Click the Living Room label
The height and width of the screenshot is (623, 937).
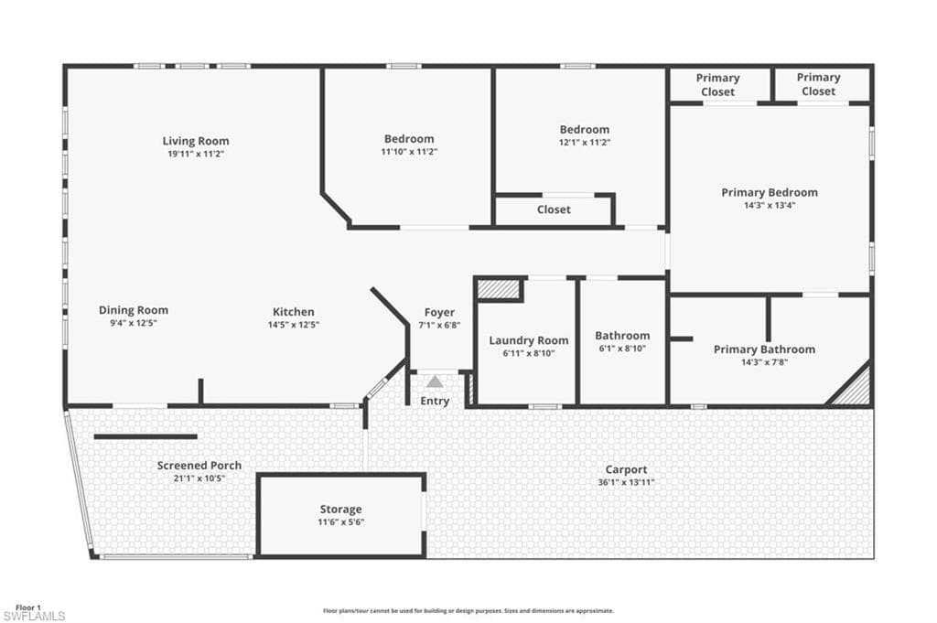coord(196,141)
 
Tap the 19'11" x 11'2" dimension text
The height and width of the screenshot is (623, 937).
coord(196,155)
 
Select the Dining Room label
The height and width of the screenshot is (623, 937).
coord(134,310)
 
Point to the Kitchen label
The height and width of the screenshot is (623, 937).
coord(294,312)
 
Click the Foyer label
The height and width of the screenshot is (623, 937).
coord(439,312)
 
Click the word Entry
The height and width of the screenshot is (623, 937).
coord(436,401)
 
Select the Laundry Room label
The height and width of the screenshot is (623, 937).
coord(529,339)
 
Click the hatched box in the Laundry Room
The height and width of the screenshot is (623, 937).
coord(500,290)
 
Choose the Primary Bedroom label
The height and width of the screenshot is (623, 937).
coord(770,192)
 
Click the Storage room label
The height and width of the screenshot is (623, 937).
coord(340,509)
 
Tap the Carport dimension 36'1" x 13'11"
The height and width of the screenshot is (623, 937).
coord(626,482)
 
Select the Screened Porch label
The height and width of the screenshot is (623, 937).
coord(199,466)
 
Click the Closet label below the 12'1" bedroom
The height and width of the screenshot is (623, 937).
coord(554,209)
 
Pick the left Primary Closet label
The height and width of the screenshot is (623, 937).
coord(718,85)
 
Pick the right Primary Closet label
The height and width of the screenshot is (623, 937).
coord(818,85)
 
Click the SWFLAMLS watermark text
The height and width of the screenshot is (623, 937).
coord(34,616)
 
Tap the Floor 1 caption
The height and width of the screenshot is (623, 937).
coord(28,607)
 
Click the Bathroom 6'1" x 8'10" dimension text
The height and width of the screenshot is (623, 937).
coord(622,349)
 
